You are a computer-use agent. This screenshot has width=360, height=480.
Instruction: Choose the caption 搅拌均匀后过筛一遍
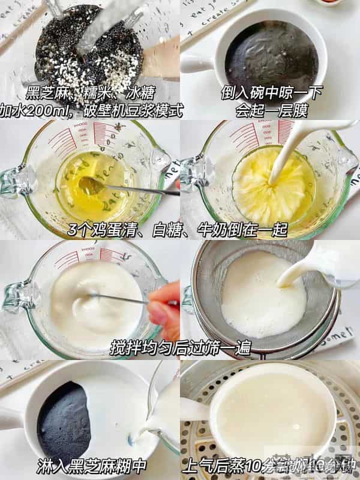pyautogui.click(x=180, y=348)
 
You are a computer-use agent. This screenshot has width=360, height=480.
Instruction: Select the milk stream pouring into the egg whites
pyautogui.click(x=281, y=162)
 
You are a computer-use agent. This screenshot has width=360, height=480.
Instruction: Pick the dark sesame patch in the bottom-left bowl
pyautogui.click(x=63, y=420)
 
